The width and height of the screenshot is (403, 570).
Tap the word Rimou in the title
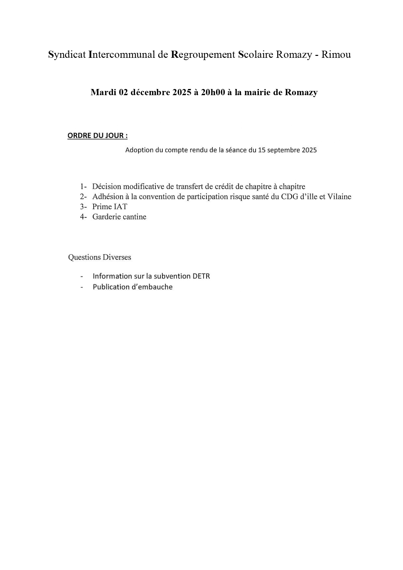pyautogui.click(x=336, y=55)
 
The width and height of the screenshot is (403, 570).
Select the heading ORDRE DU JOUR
pyautogui.click(x=97, y=136)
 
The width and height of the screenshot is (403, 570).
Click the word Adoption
pyautogui.click(x=138, y=150)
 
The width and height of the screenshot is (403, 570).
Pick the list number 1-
pyautogui.click(x=83, y=187)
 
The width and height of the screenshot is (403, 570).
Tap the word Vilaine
pyautogui.click(x=339, y=197)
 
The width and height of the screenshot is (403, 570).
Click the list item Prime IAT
pyautogui.click(x=110, y=207)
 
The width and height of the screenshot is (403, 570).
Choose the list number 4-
pyautogui.click(x=83, y=217)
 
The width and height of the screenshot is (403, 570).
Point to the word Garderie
pyautogui.click(x=106, y=217)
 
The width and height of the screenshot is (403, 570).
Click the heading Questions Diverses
pyautogui.click(x=99, y=258)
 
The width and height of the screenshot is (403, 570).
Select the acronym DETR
pyautogui.click(x=201, y=276)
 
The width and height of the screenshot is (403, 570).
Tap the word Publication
pyautogui.click(x=111, y=287)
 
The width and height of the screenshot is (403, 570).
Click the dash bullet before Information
pyautogui.click(x=82, y=276)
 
